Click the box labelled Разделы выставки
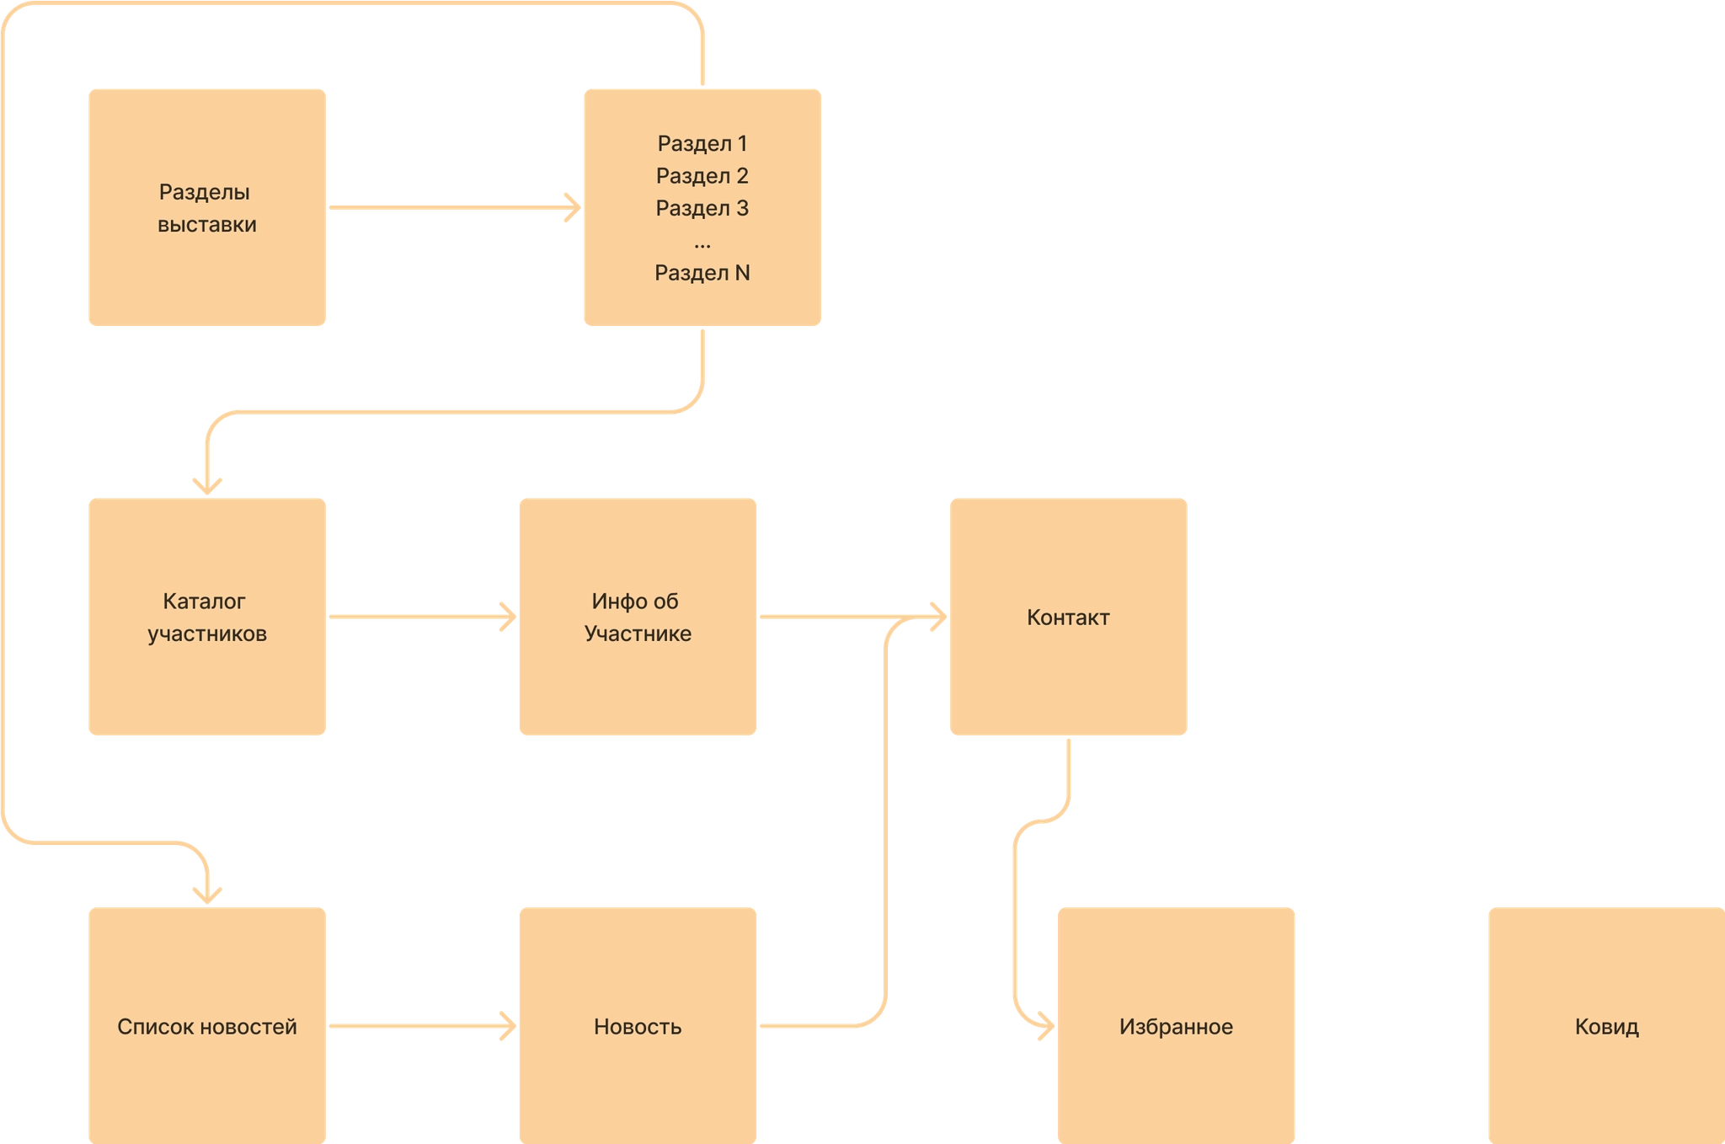[x=207, y=207]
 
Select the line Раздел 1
[x=702, y=143]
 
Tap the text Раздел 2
[x=702, y=175]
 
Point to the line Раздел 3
[x=702, y=207]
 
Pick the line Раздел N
[x=702, y=272]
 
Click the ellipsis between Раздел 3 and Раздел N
[x=702, y=246]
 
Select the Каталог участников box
[x=207, y=617]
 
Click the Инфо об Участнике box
[x=638, y=617]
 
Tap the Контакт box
[x=1068, y=617]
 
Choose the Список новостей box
[x=207, y=1025]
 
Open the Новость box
[x=638, y=1025]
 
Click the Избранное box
[x=1176, y=1025]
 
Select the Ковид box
[x=1606, y=1025]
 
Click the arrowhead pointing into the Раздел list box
[x=573, y=207]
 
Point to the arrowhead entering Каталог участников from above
[x=207, y=486]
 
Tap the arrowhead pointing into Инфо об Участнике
[x=508, y=617]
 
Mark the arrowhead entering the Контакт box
[x=939, y=617]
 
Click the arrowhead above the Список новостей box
[x=207, y=895]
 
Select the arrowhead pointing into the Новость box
[x=508, y=1025]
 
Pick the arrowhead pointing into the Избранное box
[x=1046, y=1025]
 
